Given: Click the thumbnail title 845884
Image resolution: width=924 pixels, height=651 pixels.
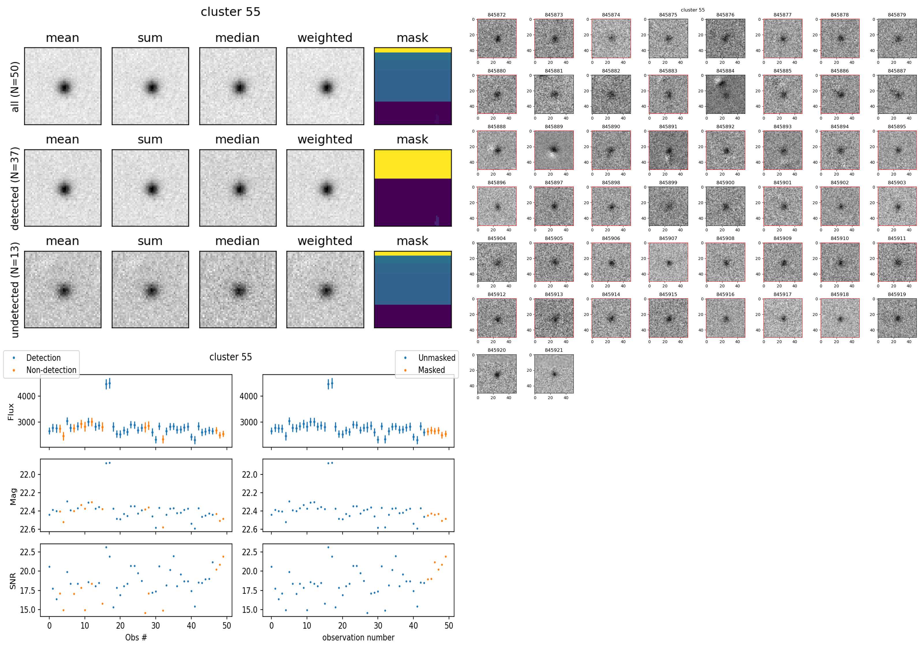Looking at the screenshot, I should [x=725, y=71].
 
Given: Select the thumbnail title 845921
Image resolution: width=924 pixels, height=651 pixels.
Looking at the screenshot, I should [x=554, y=350].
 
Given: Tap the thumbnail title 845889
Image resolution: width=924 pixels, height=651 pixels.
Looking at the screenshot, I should [x=554, y=127].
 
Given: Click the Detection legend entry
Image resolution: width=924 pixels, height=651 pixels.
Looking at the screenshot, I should [x=43, y=358].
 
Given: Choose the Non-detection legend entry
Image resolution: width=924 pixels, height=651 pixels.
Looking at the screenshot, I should [x=51, y=370].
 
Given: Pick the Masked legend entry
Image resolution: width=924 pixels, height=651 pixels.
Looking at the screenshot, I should [x=431, y=370].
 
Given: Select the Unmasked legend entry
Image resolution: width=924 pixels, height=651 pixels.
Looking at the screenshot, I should [x=437, y=358].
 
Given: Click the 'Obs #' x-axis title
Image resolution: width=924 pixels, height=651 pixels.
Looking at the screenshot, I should [x=136, y=637].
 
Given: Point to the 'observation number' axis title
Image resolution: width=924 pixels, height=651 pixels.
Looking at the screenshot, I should [x=358, y=637].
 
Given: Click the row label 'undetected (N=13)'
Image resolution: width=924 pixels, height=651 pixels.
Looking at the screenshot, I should [x=15, y=290].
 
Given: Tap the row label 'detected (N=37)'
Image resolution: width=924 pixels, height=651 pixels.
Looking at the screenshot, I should [x=15, y=188].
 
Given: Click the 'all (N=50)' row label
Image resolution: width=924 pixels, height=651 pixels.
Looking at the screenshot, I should [x=15, y=87].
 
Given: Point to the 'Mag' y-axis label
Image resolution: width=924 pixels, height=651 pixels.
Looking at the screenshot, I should [x=13, y=496].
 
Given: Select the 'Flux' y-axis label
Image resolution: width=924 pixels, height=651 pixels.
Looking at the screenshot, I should [x=11, y=412].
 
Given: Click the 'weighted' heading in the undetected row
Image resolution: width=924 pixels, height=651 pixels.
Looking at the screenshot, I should [x=325, y=241].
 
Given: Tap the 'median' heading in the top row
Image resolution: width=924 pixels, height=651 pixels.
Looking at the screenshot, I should [x=237, y=38].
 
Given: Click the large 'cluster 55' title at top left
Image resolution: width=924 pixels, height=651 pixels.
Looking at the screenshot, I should [x=231, y=12].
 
